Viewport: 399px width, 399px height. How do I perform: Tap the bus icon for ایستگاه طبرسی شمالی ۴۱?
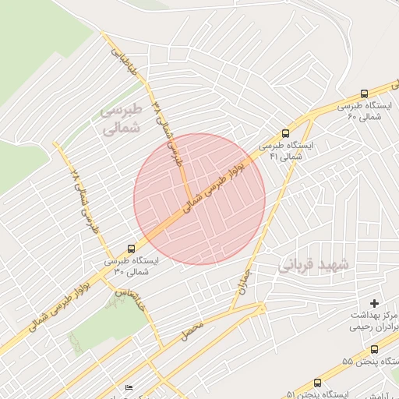286,133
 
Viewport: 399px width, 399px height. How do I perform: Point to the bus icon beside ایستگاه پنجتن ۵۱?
316,383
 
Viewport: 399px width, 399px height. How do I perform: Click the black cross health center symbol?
375,302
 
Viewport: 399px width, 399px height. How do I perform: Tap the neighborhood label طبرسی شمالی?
123,119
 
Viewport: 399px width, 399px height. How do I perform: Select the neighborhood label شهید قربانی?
316,266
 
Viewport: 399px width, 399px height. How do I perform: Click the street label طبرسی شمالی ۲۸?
81,199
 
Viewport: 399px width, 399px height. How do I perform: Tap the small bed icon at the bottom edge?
129,387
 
